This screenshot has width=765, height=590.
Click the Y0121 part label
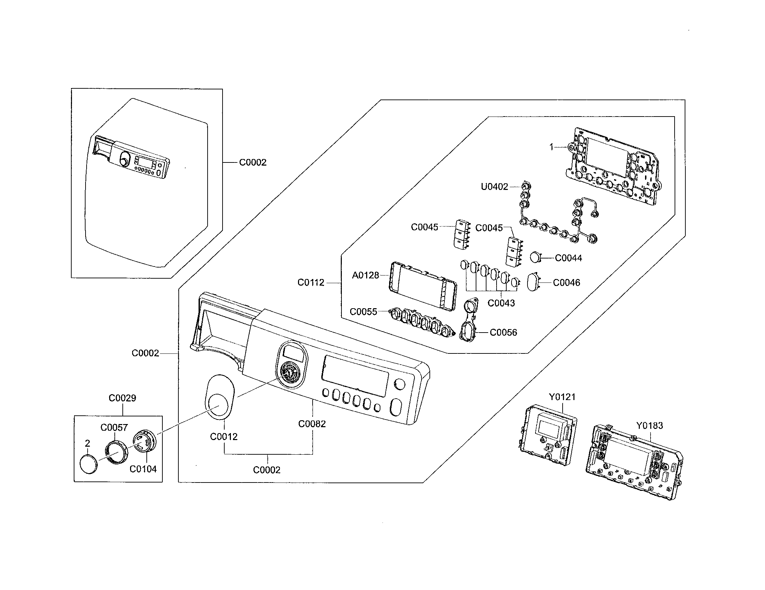562,397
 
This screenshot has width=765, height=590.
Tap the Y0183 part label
649,426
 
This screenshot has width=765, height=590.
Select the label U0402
494,187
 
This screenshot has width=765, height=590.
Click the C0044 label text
568,258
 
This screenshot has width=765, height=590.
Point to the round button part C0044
535,257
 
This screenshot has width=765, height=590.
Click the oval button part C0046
533,282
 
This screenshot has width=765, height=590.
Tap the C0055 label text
363,312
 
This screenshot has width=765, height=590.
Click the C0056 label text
503,333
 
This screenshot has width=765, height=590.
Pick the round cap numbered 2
89,464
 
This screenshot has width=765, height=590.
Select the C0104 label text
143,469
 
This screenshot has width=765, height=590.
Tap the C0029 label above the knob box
122,398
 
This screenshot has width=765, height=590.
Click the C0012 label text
224,437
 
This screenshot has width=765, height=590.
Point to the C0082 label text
312,424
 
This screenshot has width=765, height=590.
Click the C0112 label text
311,282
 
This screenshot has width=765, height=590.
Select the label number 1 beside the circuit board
551,147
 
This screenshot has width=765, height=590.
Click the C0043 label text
501,303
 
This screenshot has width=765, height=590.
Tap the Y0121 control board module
547,435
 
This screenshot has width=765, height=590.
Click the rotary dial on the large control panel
289,374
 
